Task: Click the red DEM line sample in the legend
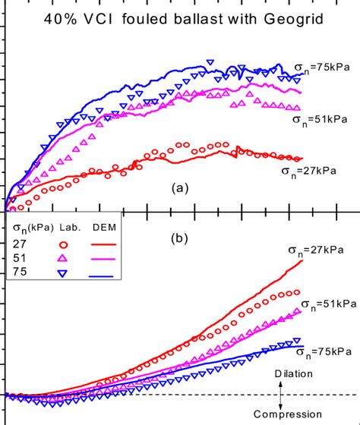click(104, 244)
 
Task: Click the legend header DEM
click(104, 228)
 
